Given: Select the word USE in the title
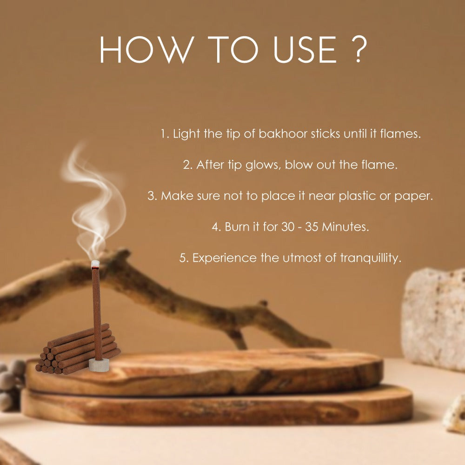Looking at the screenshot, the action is pos(305,50).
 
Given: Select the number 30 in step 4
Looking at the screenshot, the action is pos(288,227).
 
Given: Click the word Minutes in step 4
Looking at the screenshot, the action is pos(345,227).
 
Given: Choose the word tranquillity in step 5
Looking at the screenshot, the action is pos(371,258).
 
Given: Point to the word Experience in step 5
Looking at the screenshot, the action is pos(225,258).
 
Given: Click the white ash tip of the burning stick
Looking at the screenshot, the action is pos(95,264).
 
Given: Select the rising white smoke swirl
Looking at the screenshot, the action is pos(93,202).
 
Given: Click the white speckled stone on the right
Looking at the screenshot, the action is pos(433,319).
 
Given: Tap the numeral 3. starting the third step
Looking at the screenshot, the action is pos(153,196).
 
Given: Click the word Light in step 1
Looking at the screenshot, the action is pos(186,134).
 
